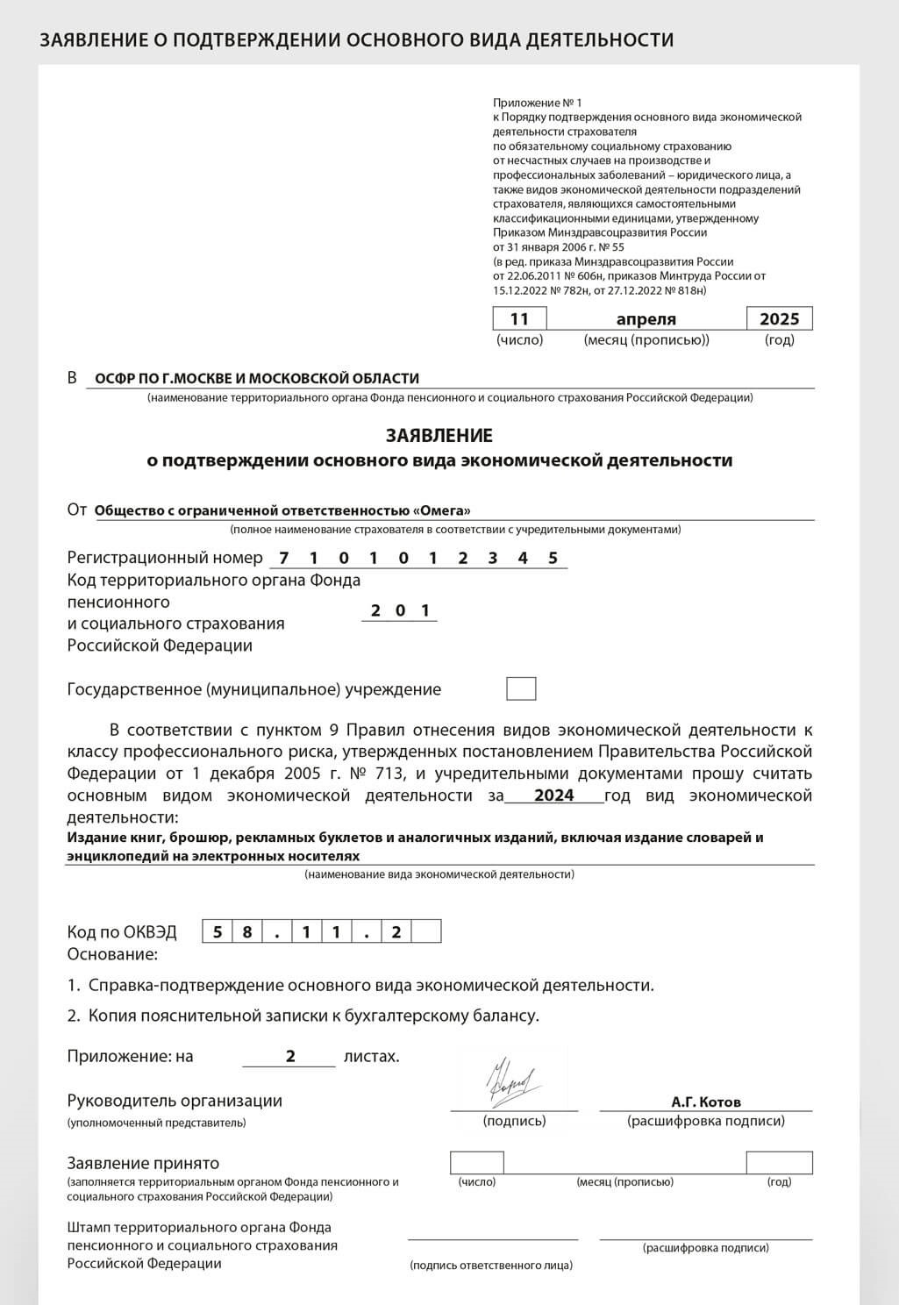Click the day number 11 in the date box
(519, 318)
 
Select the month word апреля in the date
(646, 319)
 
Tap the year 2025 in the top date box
(779, 318)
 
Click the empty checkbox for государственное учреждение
(521, 688)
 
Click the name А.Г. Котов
(705, 1102)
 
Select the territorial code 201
(400, 610)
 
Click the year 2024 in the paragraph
(553, 795)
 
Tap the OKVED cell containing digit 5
(218, 932)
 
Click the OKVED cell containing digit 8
(247, 932)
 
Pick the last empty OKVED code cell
(426, 932)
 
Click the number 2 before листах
(290, 1056)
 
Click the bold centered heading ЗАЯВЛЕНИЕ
(439, 436)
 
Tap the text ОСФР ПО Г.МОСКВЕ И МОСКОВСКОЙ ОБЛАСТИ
(256, 378)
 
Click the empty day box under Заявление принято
(476, 1163)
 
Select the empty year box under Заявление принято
(779, 1163)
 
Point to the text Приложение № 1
(537, 103)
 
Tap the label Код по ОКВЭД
(122, 932)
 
